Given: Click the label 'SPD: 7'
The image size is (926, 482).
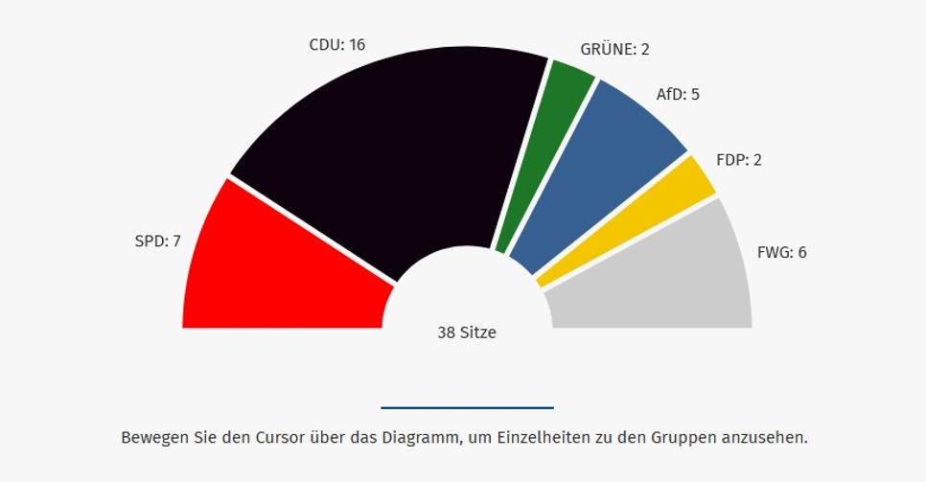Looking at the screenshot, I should click(157, 241).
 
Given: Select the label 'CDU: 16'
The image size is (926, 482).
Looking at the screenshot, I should click(336, 44).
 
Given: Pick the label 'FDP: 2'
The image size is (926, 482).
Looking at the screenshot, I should click(738, 160).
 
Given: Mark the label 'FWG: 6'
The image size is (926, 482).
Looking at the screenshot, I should click(782, 253).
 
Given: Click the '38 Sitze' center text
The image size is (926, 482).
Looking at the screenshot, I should click(467, 333).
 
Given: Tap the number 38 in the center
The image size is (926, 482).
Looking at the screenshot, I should click(446, 333).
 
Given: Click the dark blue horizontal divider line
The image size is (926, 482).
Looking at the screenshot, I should click(467, 407).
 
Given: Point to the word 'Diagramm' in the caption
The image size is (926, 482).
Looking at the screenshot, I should click(414, 438).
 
